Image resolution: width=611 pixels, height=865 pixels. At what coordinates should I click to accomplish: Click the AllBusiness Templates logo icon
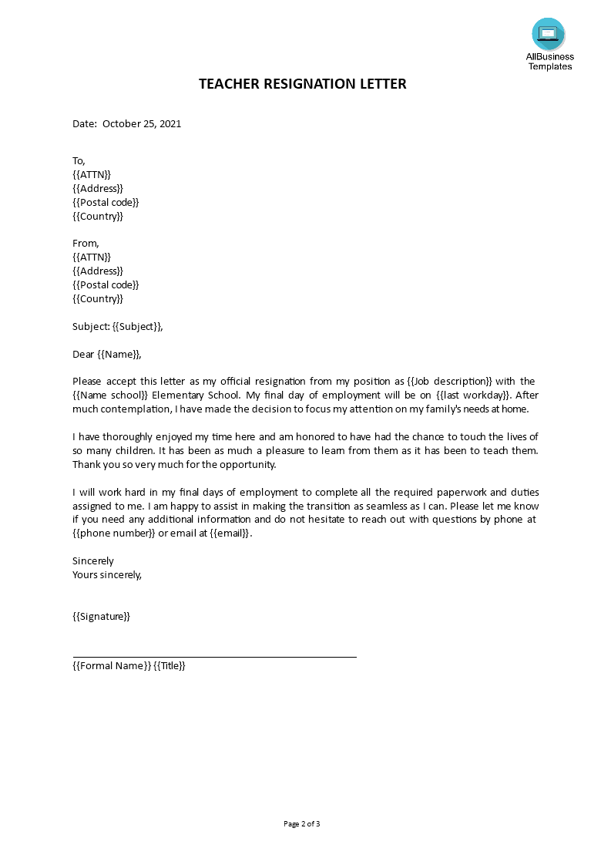pos(548,34)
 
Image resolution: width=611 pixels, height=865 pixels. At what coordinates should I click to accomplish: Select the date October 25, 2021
pos(142,123)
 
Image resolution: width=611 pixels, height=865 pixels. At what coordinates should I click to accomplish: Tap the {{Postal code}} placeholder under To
pos(106,202)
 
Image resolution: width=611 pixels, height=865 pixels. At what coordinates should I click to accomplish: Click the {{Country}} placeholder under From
pos(98,298)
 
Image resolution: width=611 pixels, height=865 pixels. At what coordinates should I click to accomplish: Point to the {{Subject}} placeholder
pos(137,326)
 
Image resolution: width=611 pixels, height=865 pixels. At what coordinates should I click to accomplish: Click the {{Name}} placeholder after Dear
pos(119,354)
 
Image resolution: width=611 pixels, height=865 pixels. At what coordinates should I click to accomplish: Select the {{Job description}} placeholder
pos(449,381)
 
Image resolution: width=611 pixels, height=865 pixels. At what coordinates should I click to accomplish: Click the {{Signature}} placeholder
pos(102,616)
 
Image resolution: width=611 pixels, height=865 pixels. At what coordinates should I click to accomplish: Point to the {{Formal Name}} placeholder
pos(112,666)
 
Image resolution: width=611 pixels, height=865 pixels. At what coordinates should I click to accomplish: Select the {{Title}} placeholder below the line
pos(170,666)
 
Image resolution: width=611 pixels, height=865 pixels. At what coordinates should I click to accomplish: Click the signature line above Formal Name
pos(214,657)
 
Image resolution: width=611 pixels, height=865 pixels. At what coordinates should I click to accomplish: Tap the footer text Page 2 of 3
pos(302,823)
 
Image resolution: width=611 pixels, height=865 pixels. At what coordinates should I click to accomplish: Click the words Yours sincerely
pos(107,574)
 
